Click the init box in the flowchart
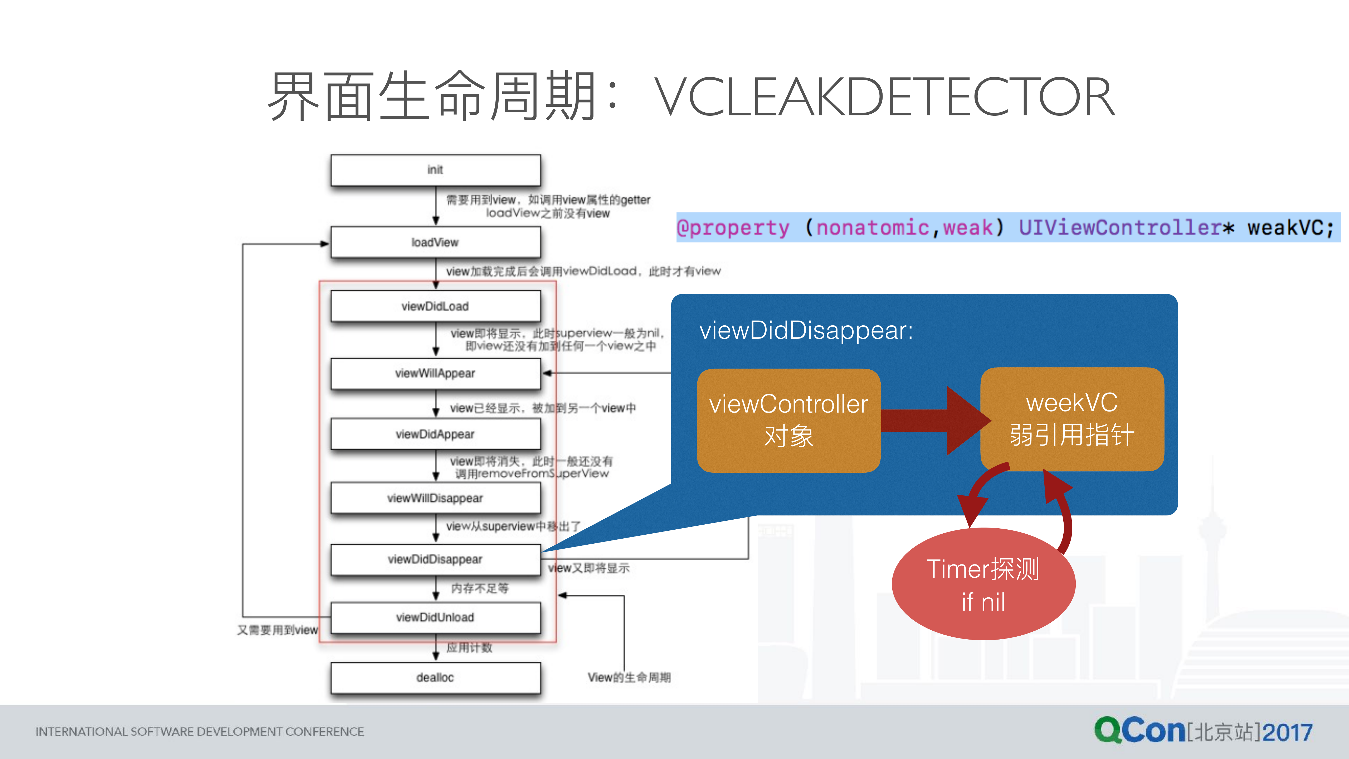(435, 170)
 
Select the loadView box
(435, 242)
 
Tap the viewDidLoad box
(435, 306)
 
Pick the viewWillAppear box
(435, 373)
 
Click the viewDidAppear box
(435, 434)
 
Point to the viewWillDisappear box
(435, 498)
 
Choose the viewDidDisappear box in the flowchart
(435, 559)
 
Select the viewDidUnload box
(435, 617)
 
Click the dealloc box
(435, 677)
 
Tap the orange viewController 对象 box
(788, 420)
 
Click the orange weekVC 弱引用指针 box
(1072, 419)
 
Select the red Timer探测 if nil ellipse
(983, 584)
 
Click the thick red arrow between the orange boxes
(932, 420)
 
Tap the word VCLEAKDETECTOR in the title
(885, 97)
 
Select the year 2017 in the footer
(1287, 732)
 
